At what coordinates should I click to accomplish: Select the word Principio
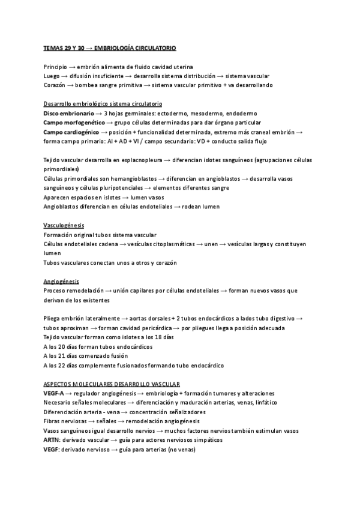pos(55,66)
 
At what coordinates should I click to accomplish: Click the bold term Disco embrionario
pos(69,113)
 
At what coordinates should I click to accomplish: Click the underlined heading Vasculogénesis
pos(64,225)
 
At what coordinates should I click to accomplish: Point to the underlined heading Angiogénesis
pos(61,282)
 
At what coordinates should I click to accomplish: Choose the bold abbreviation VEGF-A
pos(55,394)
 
